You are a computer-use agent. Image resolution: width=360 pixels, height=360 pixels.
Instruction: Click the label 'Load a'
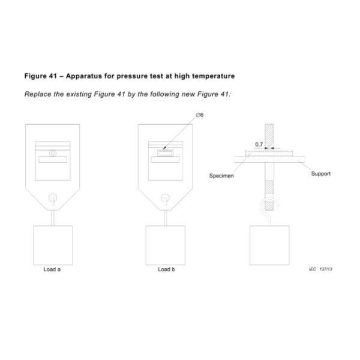tap(53, 269)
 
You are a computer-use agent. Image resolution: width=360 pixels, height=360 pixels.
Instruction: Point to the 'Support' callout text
tap(320, 173)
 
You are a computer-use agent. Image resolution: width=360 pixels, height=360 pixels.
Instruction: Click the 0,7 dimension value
tap(259, 145)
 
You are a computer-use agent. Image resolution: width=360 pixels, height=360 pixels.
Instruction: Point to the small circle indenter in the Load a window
tap(53, 154)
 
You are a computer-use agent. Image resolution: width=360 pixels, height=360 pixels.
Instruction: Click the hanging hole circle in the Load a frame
tap(53, 197)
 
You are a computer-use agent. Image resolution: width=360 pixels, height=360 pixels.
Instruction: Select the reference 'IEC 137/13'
tap(320, 269)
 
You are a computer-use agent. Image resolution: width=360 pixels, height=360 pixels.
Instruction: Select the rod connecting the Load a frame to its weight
tap(53, 216)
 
